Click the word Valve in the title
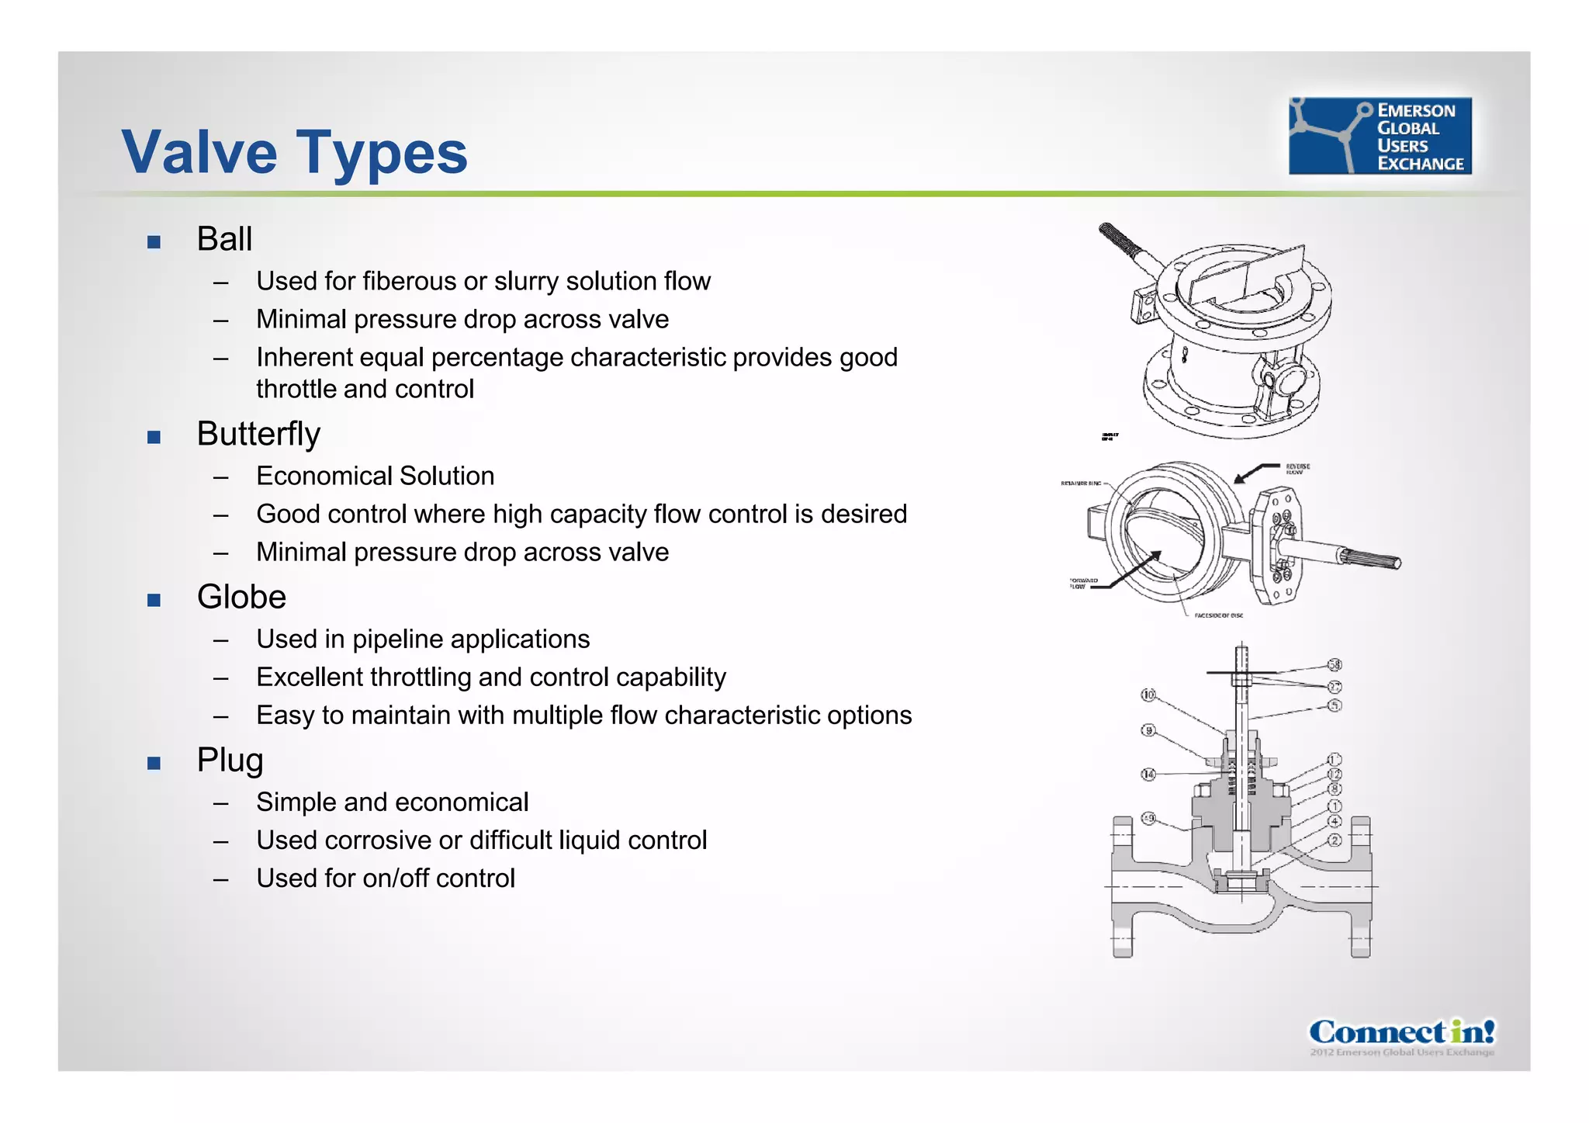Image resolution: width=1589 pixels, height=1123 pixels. point(199,152)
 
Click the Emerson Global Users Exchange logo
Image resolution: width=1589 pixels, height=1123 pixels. point(1380,136)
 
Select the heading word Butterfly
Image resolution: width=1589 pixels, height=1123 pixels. point(258,434)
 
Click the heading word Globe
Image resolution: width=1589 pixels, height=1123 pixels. point(241,597)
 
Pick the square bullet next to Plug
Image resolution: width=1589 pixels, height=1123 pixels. point(154,763)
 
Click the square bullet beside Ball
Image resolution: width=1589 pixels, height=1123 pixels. point(154,242)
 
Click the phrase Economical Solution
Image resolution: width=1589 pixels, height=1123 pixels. point(375,476)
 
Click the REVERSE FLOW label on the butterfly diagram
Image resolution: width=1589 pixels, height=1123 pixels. point(1297,469)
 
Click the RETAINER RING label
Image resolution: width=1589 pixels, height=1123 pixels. point(1081,484)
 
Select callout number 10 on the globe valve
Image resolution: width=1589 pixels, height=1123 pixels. point(1148,695)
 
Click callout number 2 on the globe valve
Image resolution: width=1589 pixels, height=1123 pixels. point(1335,841)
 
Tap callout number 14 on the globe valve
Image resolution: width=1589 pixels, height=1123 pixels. point(1148,775)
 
